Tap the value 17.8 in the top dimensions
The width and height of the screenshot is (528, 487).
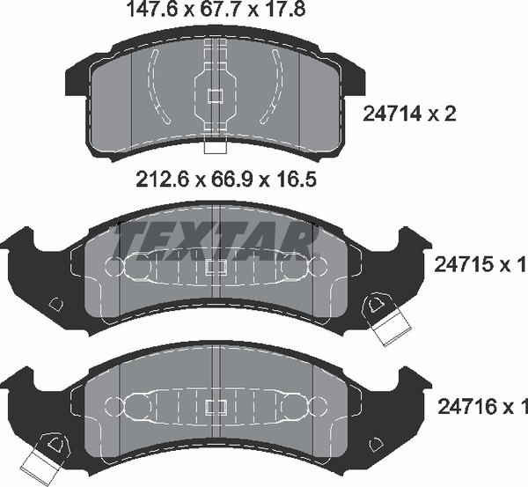[285, 9]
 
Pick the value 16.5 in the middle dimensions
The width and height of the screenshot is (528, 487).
[296, 180]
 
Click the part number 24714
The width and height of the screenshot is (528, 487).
[392, 114]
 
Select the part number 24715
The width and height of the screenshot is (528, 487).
[464, 264]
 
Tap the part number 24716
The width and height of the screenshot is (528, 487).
[467, 407]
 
